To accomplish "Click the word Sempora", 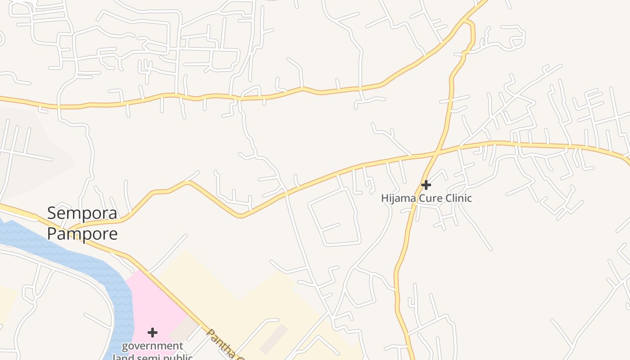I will pos(82,213).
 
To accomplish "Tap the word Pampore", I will pos(82,234).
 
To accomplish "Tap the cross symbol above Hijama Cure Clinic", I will pos(426,184).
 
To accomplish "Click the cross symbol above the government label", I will pos(153,333).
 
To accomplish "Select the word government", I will pos(153,346).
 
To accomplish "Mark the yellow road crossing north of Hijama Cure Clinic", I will pos(436,155).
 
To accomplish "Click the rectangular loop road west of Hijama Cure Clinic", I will pos(335,217).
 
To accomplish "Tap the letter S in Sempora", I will pos(52,213).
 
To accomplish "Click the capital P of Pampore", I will pos(52,234).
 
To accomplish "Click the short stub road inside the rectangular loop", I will pos(331,227).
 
